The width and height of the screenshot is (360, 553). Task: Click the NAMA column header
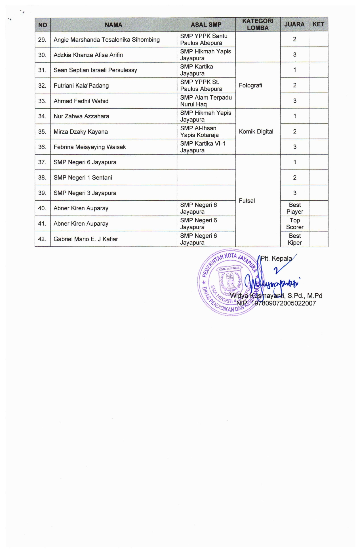[x=113, y=25]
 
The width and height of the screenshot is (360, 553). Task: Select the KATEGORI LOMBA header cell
[x=258, y=24]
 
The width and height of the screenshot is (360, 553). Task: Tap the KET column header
[x=318, y=24]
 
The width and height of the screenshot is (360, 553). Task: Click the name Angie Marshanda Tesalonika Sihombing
[x=107, y=40]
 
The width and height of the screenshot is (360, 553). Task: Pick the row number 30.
[x=42, y=55]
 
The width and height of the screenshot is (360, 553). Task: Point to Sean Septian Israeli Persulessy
[x=95, y=70]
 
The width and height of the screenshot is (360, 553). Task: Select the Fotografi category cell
[x=250, y=85]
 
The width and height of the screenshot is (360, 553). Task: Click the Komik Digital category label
[x=256, y=131]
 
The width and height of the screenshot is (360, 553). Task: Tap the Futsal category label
[x=247, y=201]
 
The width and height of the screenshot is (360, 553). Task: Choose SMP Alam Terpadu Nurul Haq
[x=206, y=101]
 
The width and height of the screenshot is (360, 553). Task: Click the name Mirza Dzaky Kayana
[x=81, y=132]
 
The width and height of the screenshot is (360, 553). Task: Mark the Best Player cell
[x=295, y=208]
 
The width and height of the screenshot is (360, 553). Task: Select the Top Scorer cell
[x=295, y=224]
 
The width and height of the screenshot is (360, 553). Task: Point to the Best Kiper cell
[x=295, y=239]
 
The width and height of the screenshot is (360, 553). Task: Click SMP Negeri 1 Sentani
[x=83, y=178]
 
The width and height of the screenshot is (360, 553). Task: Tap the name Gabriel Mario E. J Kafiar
[x=86, y=239]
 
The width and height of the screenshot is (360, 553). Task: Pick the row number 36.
[x=42, y=147]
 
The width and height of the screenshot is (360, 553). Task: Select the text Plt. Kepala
[x=276, y=258]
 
